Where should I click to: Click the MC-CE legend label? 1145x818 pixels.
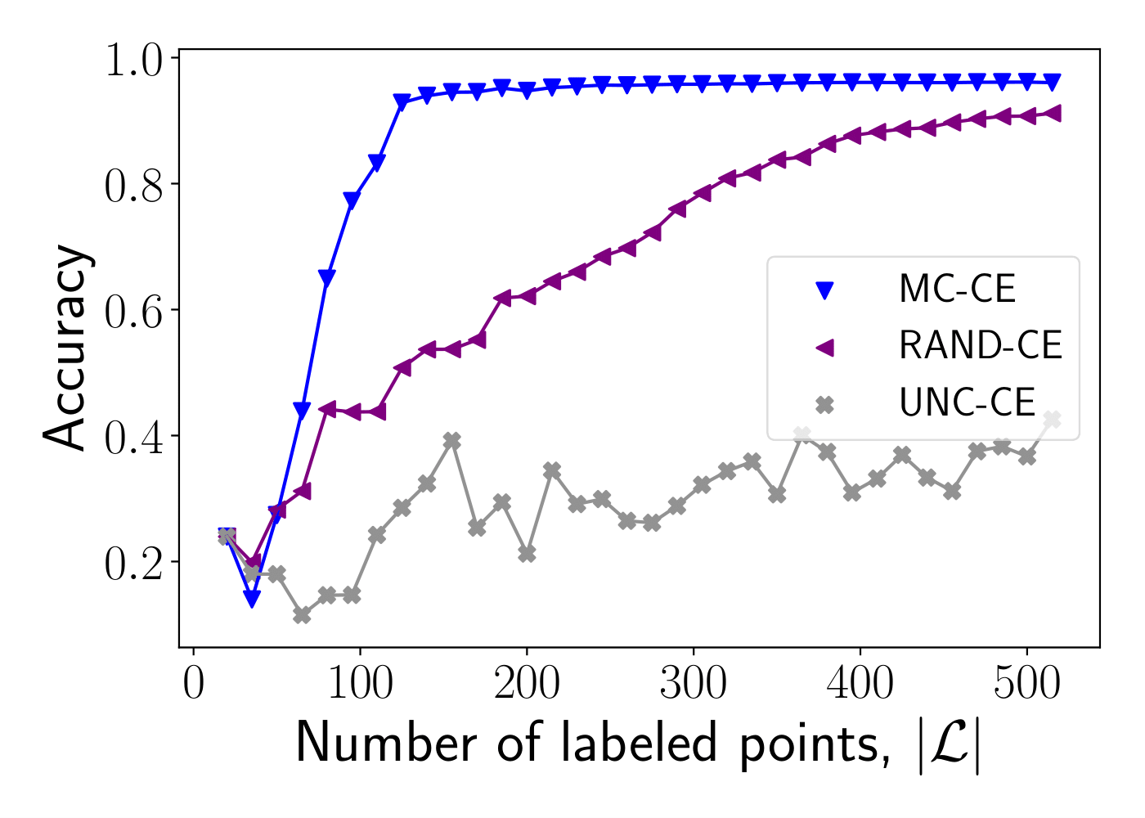[957, 290]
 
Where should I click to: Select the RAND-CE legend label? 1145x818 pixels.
[980, 346]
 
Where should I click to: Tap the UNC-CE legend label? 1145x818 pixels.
[967, 403]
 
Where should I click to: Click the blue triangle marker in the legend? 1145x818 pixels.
[824, 290]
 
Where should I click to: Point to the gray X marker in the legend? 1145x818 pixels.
[824, 404]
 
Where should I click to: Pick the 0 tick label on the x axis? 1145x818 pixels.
[194, 684]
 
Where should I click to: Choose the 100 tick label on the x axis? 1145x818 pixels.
[360, 684]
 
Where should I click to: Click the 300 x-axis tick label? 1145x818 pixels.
[694, 684]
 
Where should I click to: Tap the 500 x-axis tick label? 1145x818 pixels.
[1026, 684]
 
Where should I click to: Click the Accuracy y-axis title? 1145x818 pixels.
[65, 348]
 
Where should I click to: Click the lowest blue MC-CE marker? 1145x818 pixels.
[252, 600]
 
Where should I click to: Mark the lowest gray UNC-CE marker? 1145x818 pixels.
[302, 614]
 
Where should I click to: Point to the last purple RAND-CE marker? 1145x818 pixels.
[1053, 114]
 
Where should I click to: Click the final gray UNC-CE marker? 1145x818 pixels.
[1053, 420]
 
